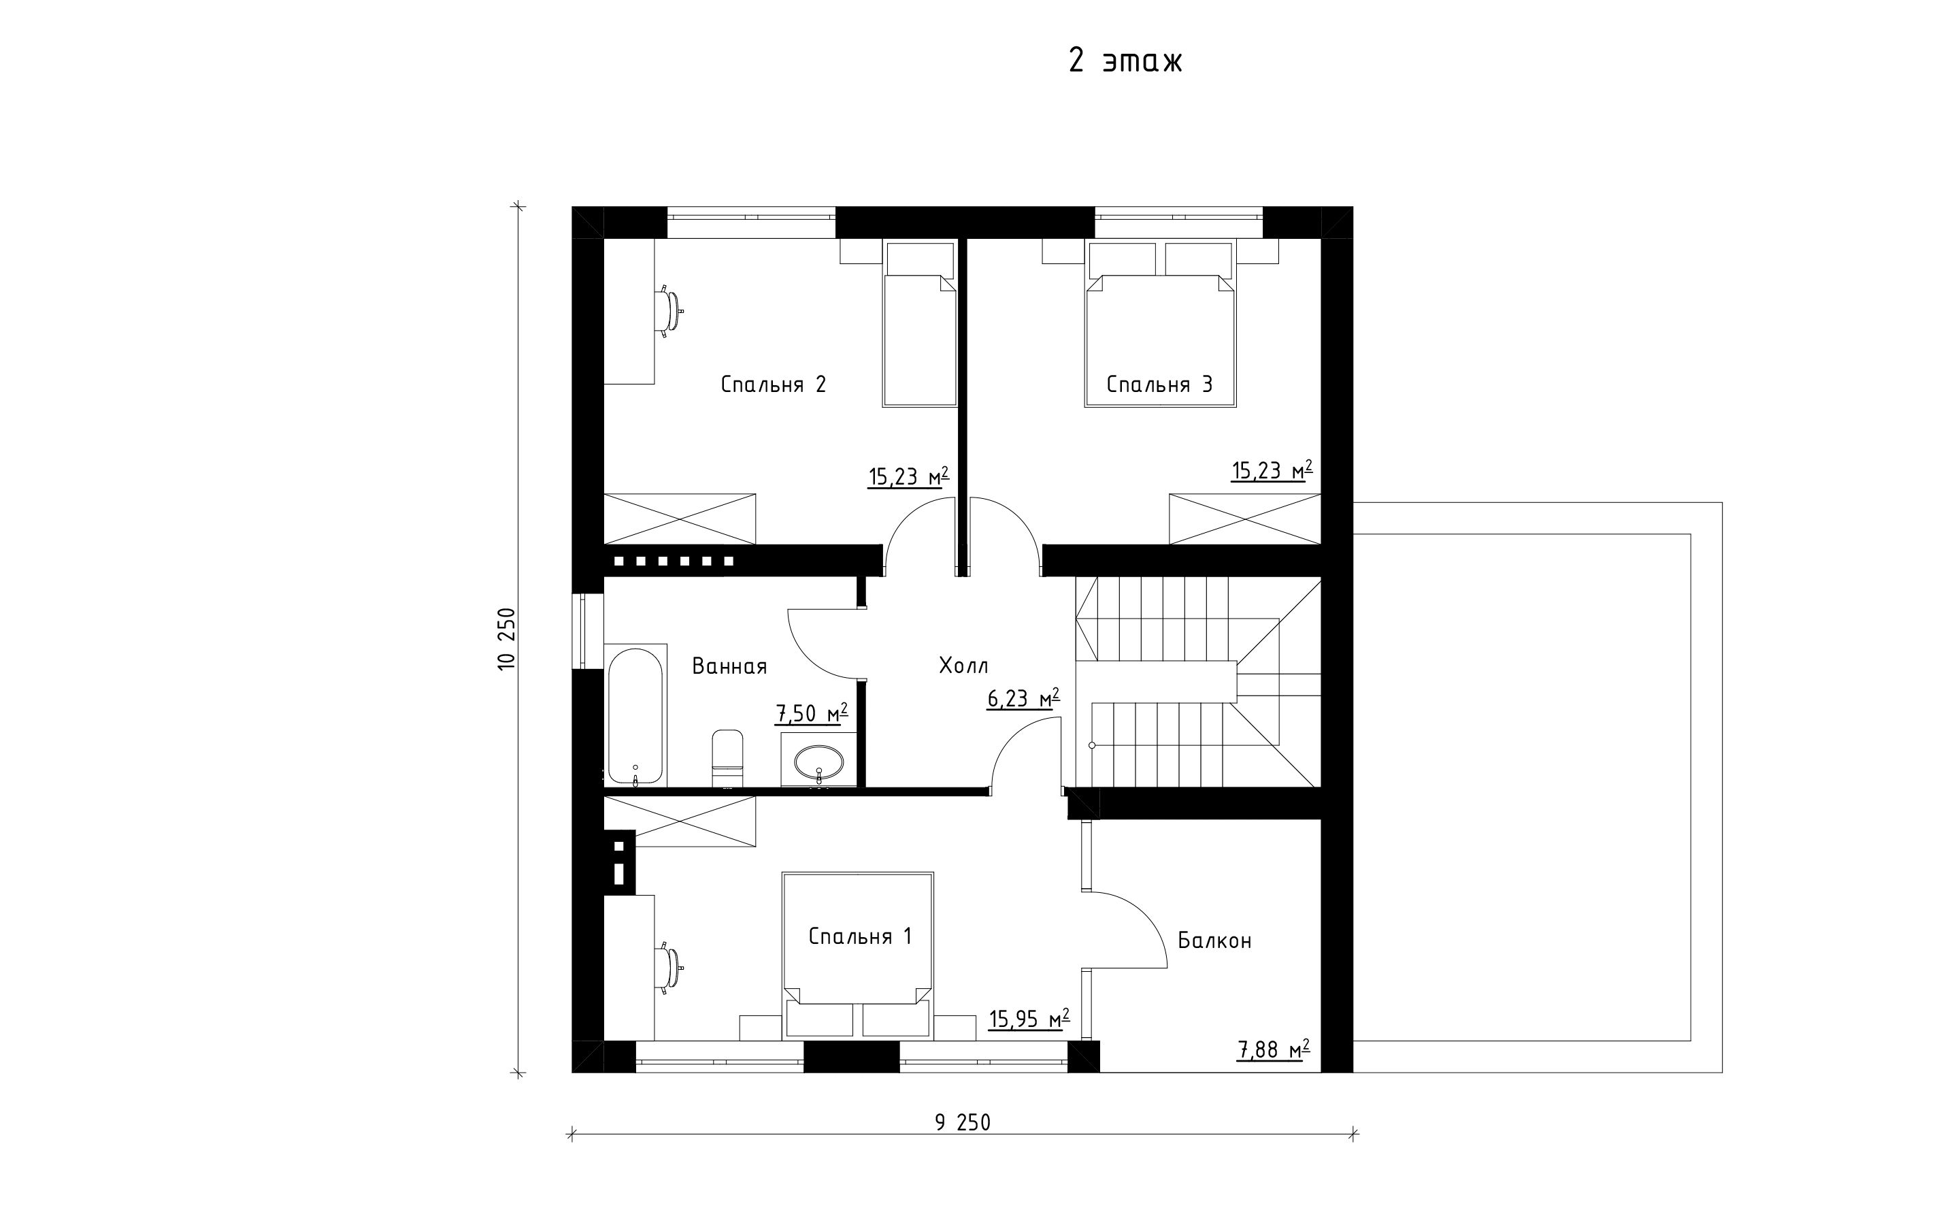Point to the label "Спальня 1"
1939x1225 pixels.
(x=859, y=936)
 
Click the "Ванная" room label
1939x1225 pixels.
(x=729, y=666)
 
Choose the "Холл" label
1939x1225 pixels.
(x=963, y=666)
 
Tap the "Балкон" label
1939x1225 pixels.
(x=1214, y=941)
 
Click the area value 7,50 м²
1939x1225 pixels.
(x=812, y=713)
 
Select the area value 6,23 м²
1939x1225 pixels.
(x=1023, y=698)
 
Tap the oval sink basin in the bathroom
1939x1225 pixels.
(x=819, y=759)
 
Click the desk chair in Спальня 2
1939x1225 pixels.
(x=670, y=310)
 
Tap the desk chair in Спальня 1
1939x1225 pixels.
(x=670, y=966)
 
